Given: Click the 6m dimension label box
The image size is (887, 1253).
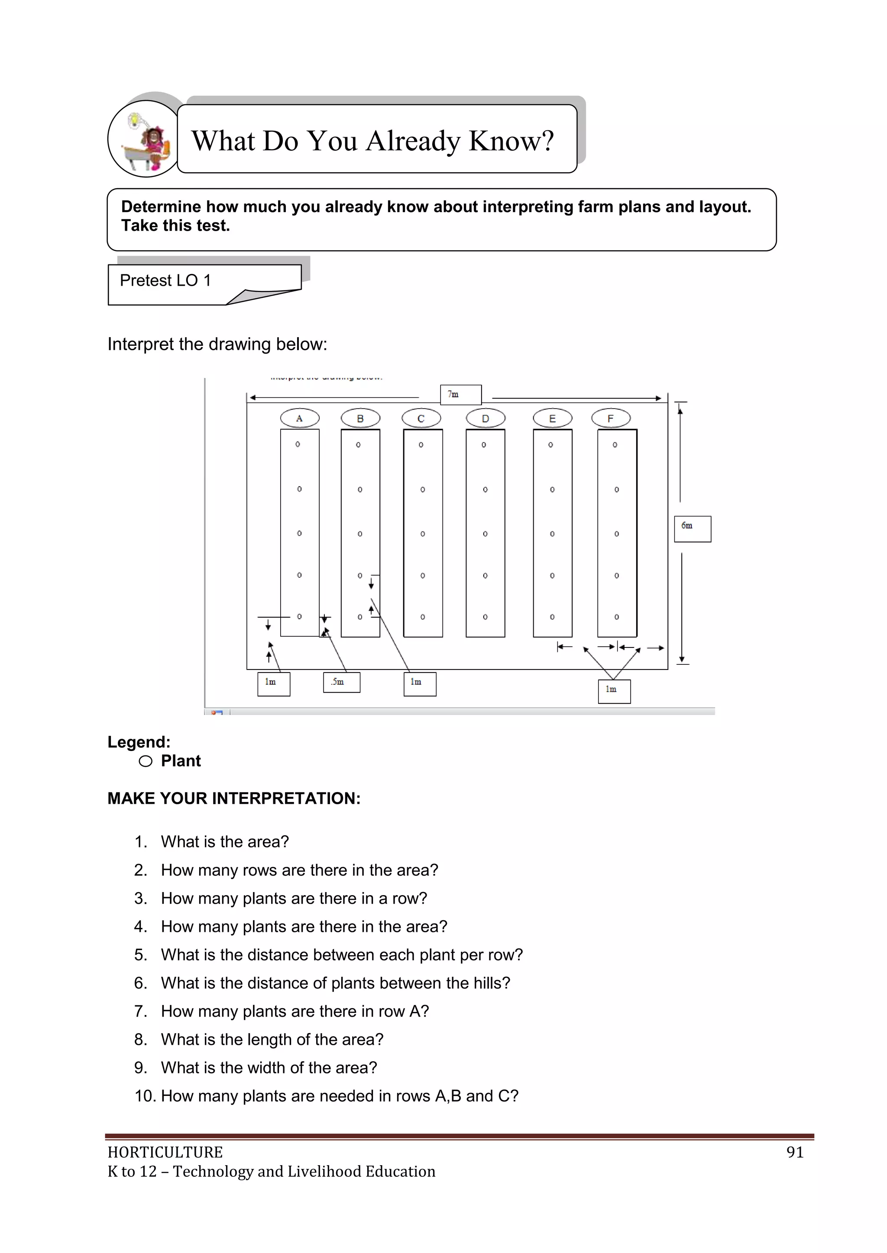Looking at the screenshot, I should (692, 528).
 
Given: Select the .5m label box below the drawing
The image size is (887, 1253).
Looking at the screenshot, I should (341, 682).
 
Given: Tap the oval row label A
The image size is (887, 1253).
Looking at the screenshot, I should (299, 419).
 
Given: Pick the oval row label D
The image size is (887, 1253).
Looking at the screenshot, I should (485, 419).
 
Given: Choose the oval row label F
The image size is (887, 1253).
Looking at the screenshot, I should (611, 419).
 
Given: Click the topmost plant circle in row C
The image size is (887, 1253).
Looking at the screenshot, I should (421, 445).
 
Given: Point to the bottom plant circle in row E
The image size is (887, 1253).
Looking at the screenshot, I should (552, 617).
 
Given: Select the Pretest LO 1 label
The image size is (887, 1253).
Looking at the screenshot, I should (165, 280).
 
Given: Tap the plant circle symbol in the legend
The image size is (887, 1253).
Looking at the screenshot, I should (145, 761).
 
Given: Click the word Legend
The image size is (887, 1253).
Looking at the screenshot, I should (139, 742).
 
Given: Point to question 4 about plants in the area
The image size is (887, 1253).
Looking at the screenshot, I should (304, 927).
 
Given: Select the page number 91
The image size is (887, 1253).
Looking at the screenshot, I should (795, 1152).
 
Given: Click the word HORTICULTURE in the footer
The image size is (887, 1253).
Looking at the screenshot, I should (165, 1152).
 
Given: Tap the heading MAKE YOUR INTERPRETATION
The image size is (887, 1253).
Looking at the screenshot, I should (234, 799).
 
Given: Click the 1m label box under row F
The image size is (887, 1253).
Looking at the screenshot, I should (614, 691).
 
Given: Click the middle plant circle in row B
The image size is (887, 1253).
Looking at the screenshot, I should (360, 534).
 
